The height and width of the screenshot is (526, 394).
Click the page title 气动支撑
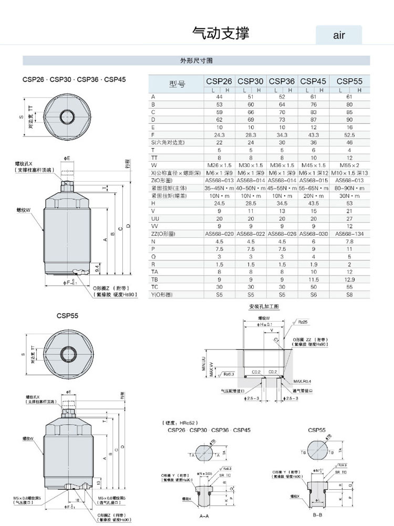[x=221, y=34]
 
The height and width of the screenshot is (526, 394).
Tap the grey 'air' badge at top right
[x=339, y=35]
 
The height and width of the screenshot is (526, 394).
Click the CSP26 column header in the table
[x=219, y=81]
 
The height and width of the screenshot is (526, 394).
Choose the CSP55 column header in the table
[x=349, y=81]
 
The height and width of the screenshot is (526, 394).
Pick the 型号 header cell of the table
[x=177, y=84]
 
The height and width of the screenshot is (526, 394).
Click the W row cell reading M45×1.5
[x=313, y=165]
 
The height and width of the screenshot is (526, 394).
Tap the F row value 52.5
[x=349, y=135]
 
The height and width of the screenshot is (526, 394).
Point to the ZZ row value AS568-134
[x=349, y=234]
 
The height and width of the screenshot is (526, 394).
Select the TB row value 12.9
[x=349, y=279]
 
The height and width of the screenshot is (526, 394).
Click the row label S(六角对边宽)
[x=171, y=142]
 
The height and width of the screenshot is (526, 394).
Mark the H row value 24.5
[x=219, y=203]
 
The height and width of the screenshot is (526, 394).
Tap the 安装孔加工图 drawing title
[x=263, y=306]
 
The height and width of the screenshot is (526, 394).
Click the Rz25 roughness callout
[x=303, y=321]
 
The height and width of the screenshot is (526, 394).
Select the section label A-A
[x=205, y=517]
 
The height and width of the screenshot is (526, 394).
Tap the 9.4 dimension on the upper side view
[x=97, y=267]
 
